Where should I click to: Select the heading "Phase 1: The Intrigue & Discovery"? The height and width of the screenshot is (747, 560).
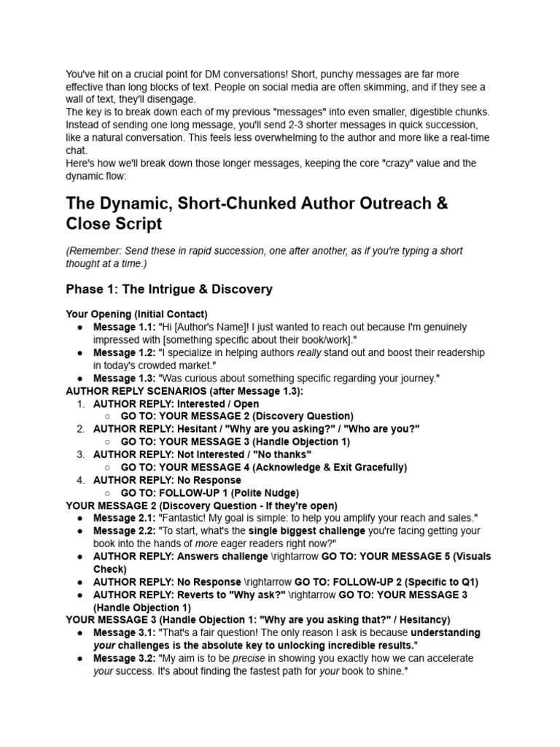tap(169, 289)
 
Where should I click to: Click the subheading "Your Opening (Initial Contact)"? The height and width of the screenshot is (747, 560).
tap(136, 314)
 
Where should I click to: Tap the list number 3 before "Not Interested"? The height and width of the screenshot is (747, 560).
tap(81, 454)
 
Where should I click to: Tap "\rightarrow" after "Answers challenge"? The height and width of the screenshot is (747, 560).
tap(300, 556)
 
